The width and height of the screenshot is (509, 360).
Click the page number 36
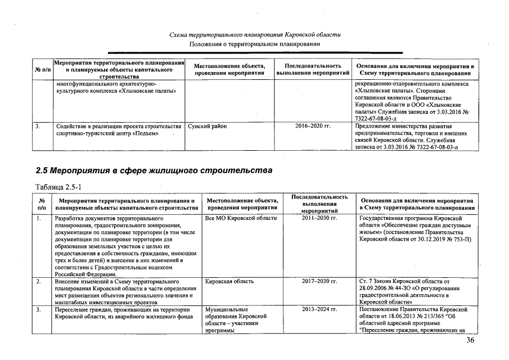[470, 340]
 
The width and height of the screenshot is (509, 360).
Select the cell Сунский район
[208, 127]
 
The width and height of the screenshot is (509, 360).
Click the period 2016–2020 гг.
[313, 127]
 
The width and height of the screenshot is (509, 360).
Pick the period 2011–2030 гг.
[319, 218]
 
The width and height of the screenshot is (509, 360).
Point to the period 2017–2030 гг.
[319, 281]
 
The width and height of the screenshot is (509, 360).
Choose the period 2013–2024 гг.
[319, 309]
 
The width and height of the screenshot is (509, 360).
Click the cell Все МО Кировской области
[241, 218]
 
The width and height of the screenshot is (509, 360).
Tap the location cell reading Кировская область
[229, 281]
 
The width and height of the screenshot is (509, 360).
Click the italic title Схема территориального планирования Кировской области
[254, 35]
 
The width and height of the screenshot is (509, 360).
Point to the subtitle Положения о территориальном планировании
[254, 44]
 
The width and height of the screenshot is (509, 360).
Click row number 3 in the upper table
[37, 127]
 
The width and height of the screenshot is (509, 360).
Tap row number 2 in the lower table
[38, 281]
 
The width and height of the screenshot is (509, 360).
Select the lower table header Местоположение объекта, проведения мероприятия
[242, 203]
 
